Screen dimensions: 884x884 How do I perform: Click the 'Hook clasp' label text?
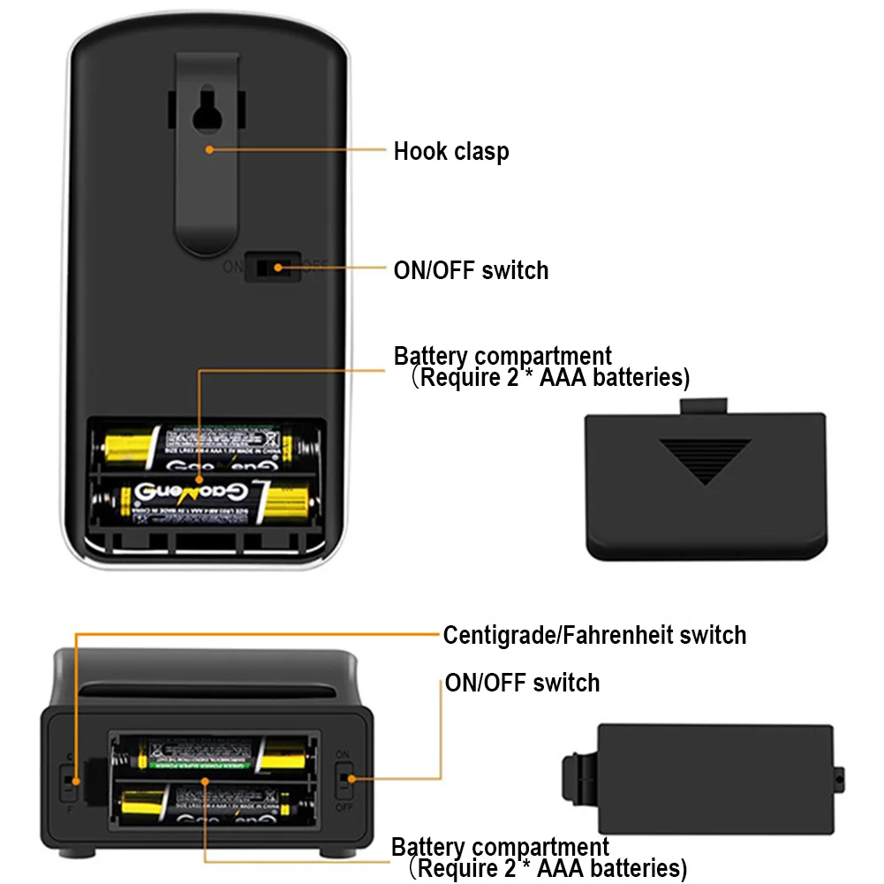point(451,151)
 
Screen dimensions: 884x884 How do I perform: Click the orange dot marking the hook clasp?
point(209,149)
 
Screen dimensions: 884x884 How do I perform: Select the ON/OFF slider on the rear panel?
point(268,266)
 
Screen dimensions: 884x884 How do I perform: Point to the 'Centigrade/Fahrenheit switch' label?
point(594,635)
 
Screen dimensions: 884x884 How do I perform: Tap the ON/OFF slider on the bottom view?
point(344,779)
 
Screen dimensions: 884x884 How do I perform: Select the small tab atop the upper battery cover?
point(704,405)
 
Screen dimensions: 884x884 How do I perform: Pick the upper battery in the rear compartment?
point(211,443)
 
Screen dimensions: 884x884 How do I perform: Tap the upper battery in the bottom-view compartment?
point(213,756)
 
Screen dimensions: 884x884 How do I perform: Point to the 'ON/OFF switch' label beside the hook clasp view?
point(471,270)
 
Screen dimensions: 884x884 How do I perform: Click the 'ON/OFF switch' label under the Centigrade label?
point(522,683)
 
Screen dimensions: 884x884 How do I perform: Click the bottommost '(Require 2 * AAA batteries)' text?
point(548,868)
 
